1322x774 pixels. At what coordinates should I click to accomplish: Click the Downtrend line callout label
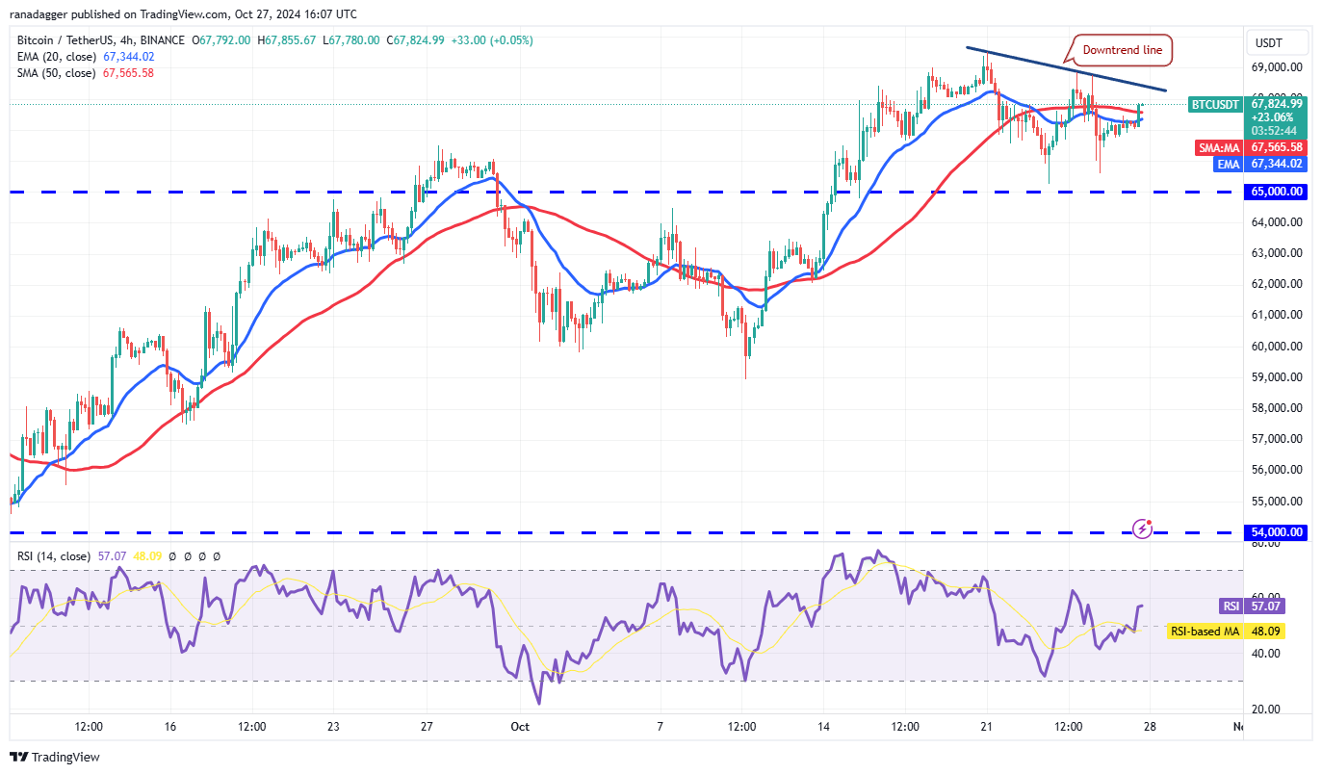pyautogui.click(x=1122, y=50)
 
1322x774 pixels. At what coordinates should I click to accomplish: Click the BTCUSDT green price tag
pyautogui.click(x=1217, y=104)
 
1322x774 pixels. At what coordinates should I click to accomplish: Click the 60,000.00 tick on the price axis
pyautogui.click(x=1276, y=346)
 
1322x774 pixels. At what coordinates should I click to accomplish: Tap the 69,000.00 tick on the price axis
pyautogui.click(x=1276, y=67)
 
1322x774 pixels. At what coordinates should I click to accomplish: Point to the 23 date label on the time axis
pyautogui.click(x=333, y=727)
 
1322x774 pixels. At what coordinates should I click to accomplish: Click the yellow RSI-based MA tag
pyautogui.click(x=1204, y=632)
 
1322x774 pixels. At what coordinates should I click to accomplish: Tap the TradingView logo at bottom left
pyautogui.click(x=55, y=758)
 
